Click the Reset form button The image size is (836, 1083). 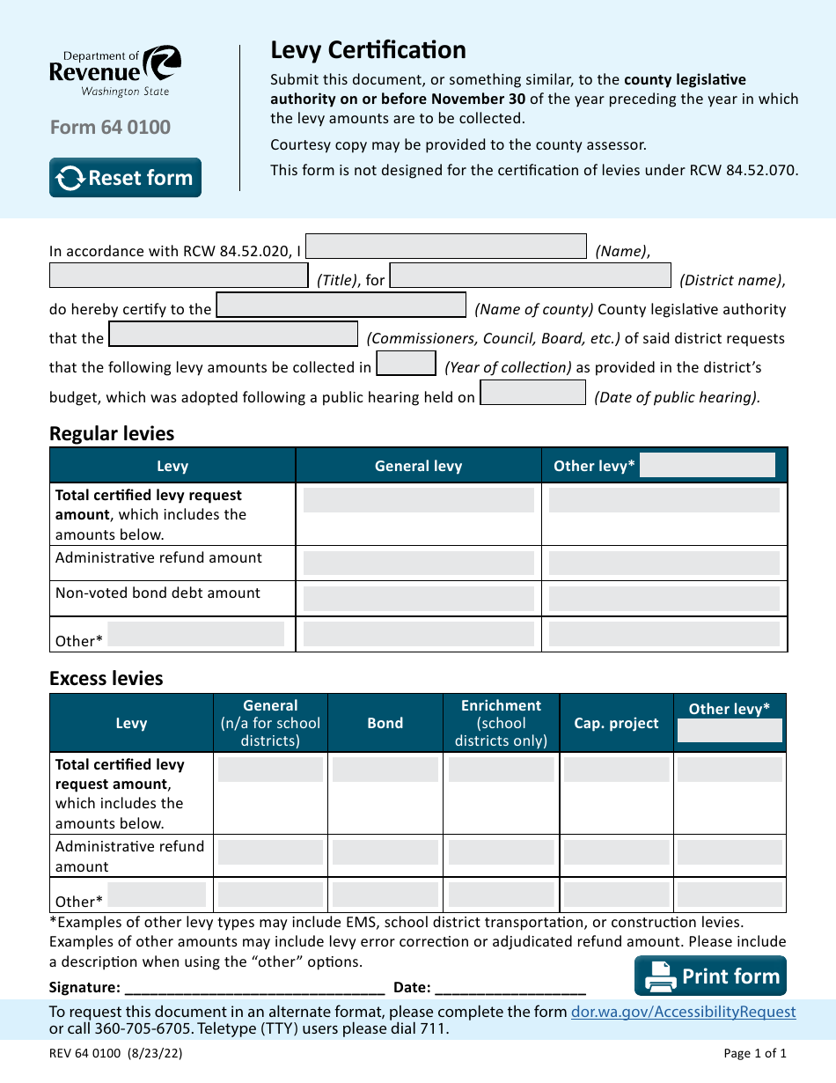pos(125,178)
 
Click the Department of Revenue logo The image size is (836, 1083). pos(115,71)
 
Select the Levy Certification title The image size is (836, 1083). pos(368,50)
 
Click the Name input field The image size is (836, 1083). pos(445,247)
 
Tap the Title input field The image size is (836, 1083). pos(179,276)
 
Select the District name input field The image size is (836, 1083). pos(530,276)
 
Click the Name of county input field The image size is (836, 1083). pos(341,306)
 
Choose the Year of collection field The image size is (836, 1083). pos(406,364)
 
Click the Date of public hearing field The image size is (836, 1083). pos(532,393)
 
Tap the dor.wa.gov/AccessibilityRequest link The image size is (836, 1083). pos(683,1012)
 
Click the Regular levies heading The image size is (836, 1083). pos(112,433)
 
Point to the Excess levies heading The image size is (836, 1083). pos(106,678)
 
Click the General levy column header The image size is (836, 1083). pos(418,466)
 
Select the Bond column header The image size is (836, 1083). pos(385,723)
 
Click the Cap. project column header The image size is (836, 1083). pos(616,723)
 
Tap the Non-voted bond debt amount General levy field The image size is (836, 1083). pos(418,599)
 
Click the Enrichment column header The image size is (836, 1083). pos(501,722)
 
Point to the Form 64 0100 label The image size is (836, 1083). pos(110,128)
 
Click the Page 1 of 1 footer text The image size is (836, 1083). pos(754,1053)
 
